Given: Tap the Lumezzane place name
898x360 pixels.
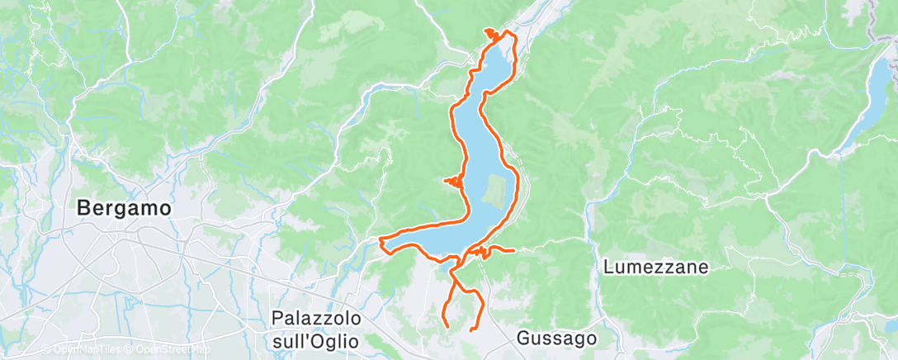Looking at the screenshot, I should [x=657, y=267].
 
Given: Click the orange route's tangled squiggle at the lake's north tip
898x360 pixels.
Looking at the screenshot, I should [x=493, y=34].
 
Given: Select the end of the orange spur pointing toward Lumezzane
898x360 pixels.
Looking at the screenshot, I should [x=515, y=249].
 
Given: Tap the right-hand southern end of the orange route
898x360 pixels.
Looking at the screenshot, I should [x=470, y=329].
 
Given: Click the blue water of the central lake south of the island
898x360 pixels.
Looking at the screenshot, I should [x=462, y=235].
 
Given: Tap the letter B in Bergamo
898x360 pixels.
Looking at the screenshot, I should [x=83, y=209].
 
